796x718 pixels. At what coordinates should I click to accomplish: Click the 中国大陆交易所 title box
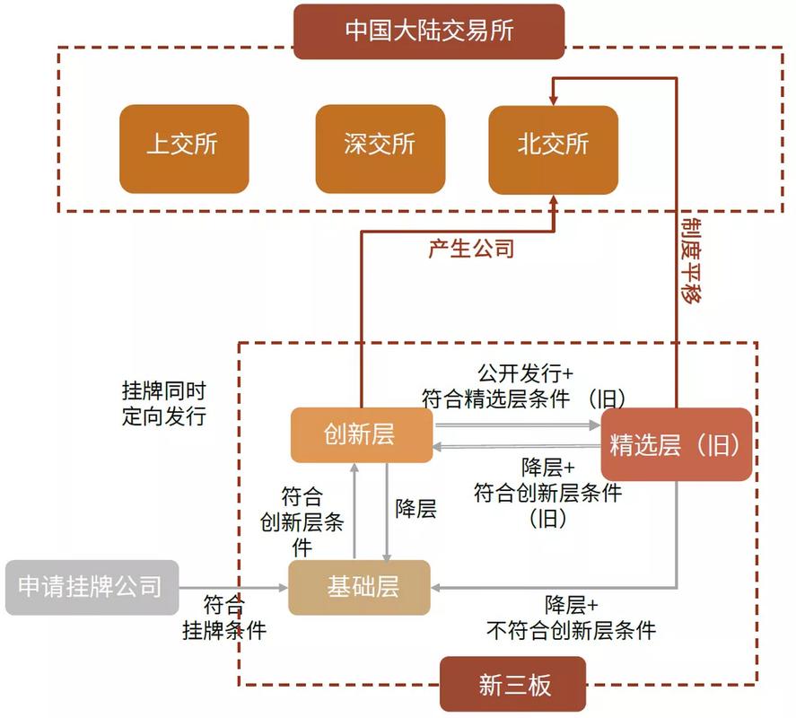pos(429,31)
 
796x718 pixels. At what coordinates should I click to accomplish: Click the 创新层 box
pos(361,435)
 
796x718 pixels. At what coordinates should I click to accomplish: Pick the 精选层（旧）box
pos(677,444)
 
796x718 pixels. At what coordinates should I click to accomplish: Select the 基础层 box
pos(361,587)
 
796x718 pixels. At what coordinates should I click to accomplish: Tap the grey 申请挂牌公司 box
pos(92,587)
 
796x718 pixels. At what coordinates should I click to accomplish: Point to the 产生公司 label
pos(471,249)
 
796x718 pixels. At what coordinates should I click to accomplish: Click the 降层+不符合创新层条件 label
pos(571,617)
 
